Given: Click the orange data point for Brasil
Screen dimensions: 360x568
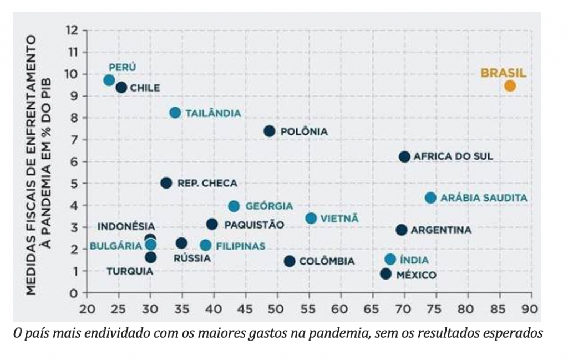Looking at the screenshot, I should click(x=510, y=86).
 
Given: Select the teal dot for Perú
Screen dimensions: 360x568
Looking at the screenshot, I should click(x=109, y=80).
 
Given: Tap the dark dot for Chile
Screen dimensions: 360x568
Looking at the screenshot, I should click(x=121, y=88).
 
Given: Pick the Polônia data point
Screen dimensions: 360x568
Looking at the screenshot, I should click(x=270, y=131).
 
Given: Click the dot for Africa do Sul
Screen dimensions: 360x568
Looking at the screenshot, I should click(x=404, y=157).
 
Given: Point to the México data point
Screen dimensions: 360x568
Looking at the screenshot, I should click(x=386, y=274).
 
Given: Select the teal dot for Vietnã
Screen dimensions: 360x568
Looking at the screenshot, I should click(x=311, y=219).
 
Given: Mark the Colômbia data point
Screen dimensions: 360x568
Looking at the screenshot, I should click(x=290, y=261).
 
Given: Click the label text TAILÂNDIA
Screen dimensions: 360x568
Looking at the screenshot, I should click(x=213, y=113).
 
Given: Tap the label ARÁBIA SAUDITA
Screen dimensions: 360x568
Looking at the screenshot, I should click(x=484, y=198).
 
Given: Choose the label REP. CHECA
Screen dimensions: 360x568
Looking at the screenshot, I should click(x=207, y=184).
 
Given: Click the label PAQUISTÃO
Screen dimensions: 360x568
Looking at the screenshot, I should click(x=254, y=225).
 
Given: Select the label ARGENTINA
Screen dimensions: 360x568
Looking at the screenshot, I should click(x=442, y=230).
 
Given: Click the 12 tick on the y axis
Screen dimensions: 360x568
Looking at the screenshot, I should click(x=73, y=30).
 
